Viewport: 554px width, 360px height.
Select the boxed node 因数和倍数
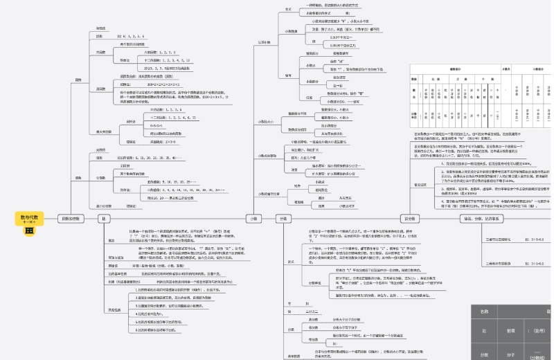68,219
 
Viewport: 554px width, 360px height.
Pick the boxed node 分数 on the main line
282,219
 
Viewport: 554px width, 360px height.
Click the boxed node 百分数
409,219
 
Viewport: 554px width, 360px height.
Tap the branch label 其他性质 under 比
114,309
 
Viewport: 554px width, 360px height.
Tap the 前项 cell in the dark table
510,332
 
